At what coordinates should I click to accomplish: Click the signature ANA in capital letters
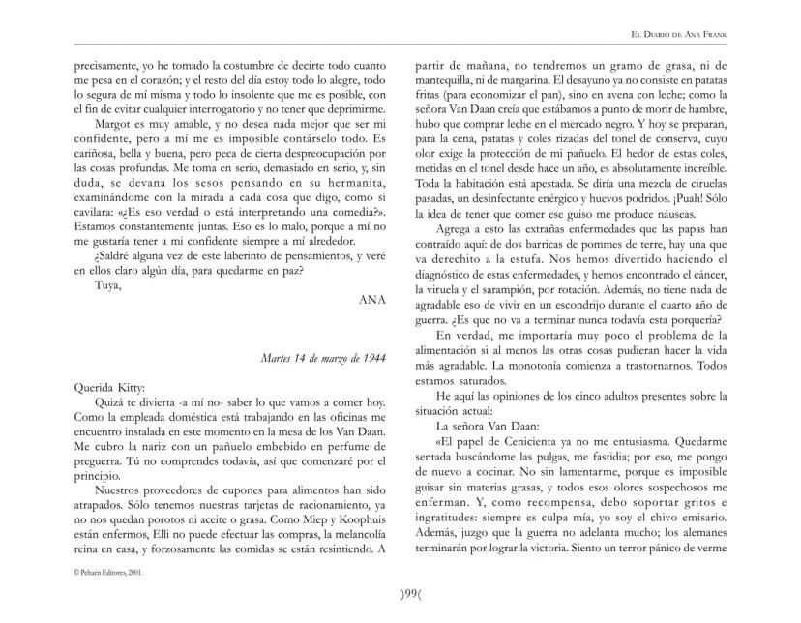point(372,300)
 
